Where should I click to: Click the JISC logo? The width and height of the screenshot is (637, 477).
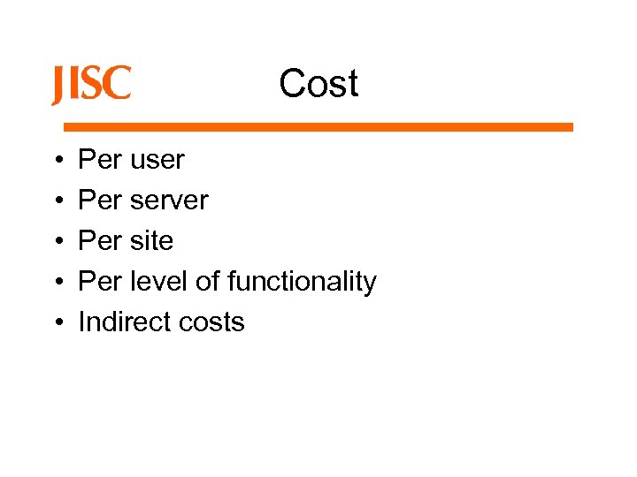tap(91, 85)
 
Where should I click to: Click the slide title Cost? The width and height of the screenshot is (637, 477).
tap(318, 84)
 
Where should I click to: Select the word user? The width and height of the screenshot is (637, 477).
tap(157, 160)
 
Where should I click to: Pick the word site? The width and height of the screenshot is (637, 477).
tap(151, 240)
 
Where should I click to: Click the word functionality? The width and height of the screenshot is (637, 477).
tap(302, 282)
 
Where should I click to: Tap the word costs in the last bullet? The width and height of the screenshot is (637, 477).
tap(214, 322)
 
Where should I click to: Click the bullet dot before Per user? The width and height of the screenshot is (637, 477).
tap(56, 161)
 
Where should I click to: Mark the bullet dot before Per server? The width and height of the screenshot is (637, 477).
tap(56, 201)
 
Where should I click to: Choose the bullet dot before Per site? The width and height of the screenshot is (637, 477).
tap(56, 241)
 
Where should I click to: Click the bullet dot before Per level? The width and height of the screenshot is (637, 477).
tap(56, 282)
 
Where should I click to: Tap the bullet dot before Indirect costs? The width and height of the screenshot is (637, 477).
tap(56, 322)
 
